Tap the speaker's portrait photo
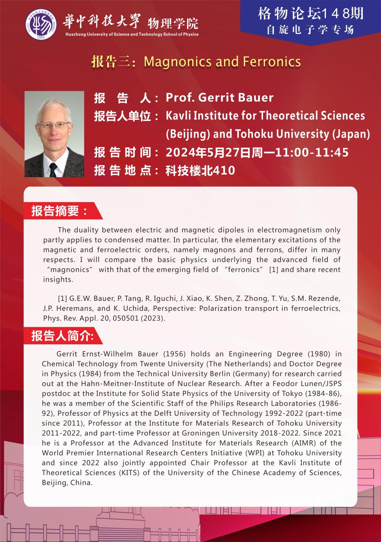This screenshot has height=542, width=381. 54,134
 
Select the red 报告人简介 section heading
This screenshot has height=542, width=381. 62,336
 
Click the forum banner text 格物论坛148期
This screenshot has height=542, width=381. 310,14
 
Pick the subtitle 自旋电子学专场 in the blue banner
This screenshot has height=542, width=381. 310,30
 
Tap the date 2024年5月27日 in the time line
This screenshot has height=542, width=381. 208,152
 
